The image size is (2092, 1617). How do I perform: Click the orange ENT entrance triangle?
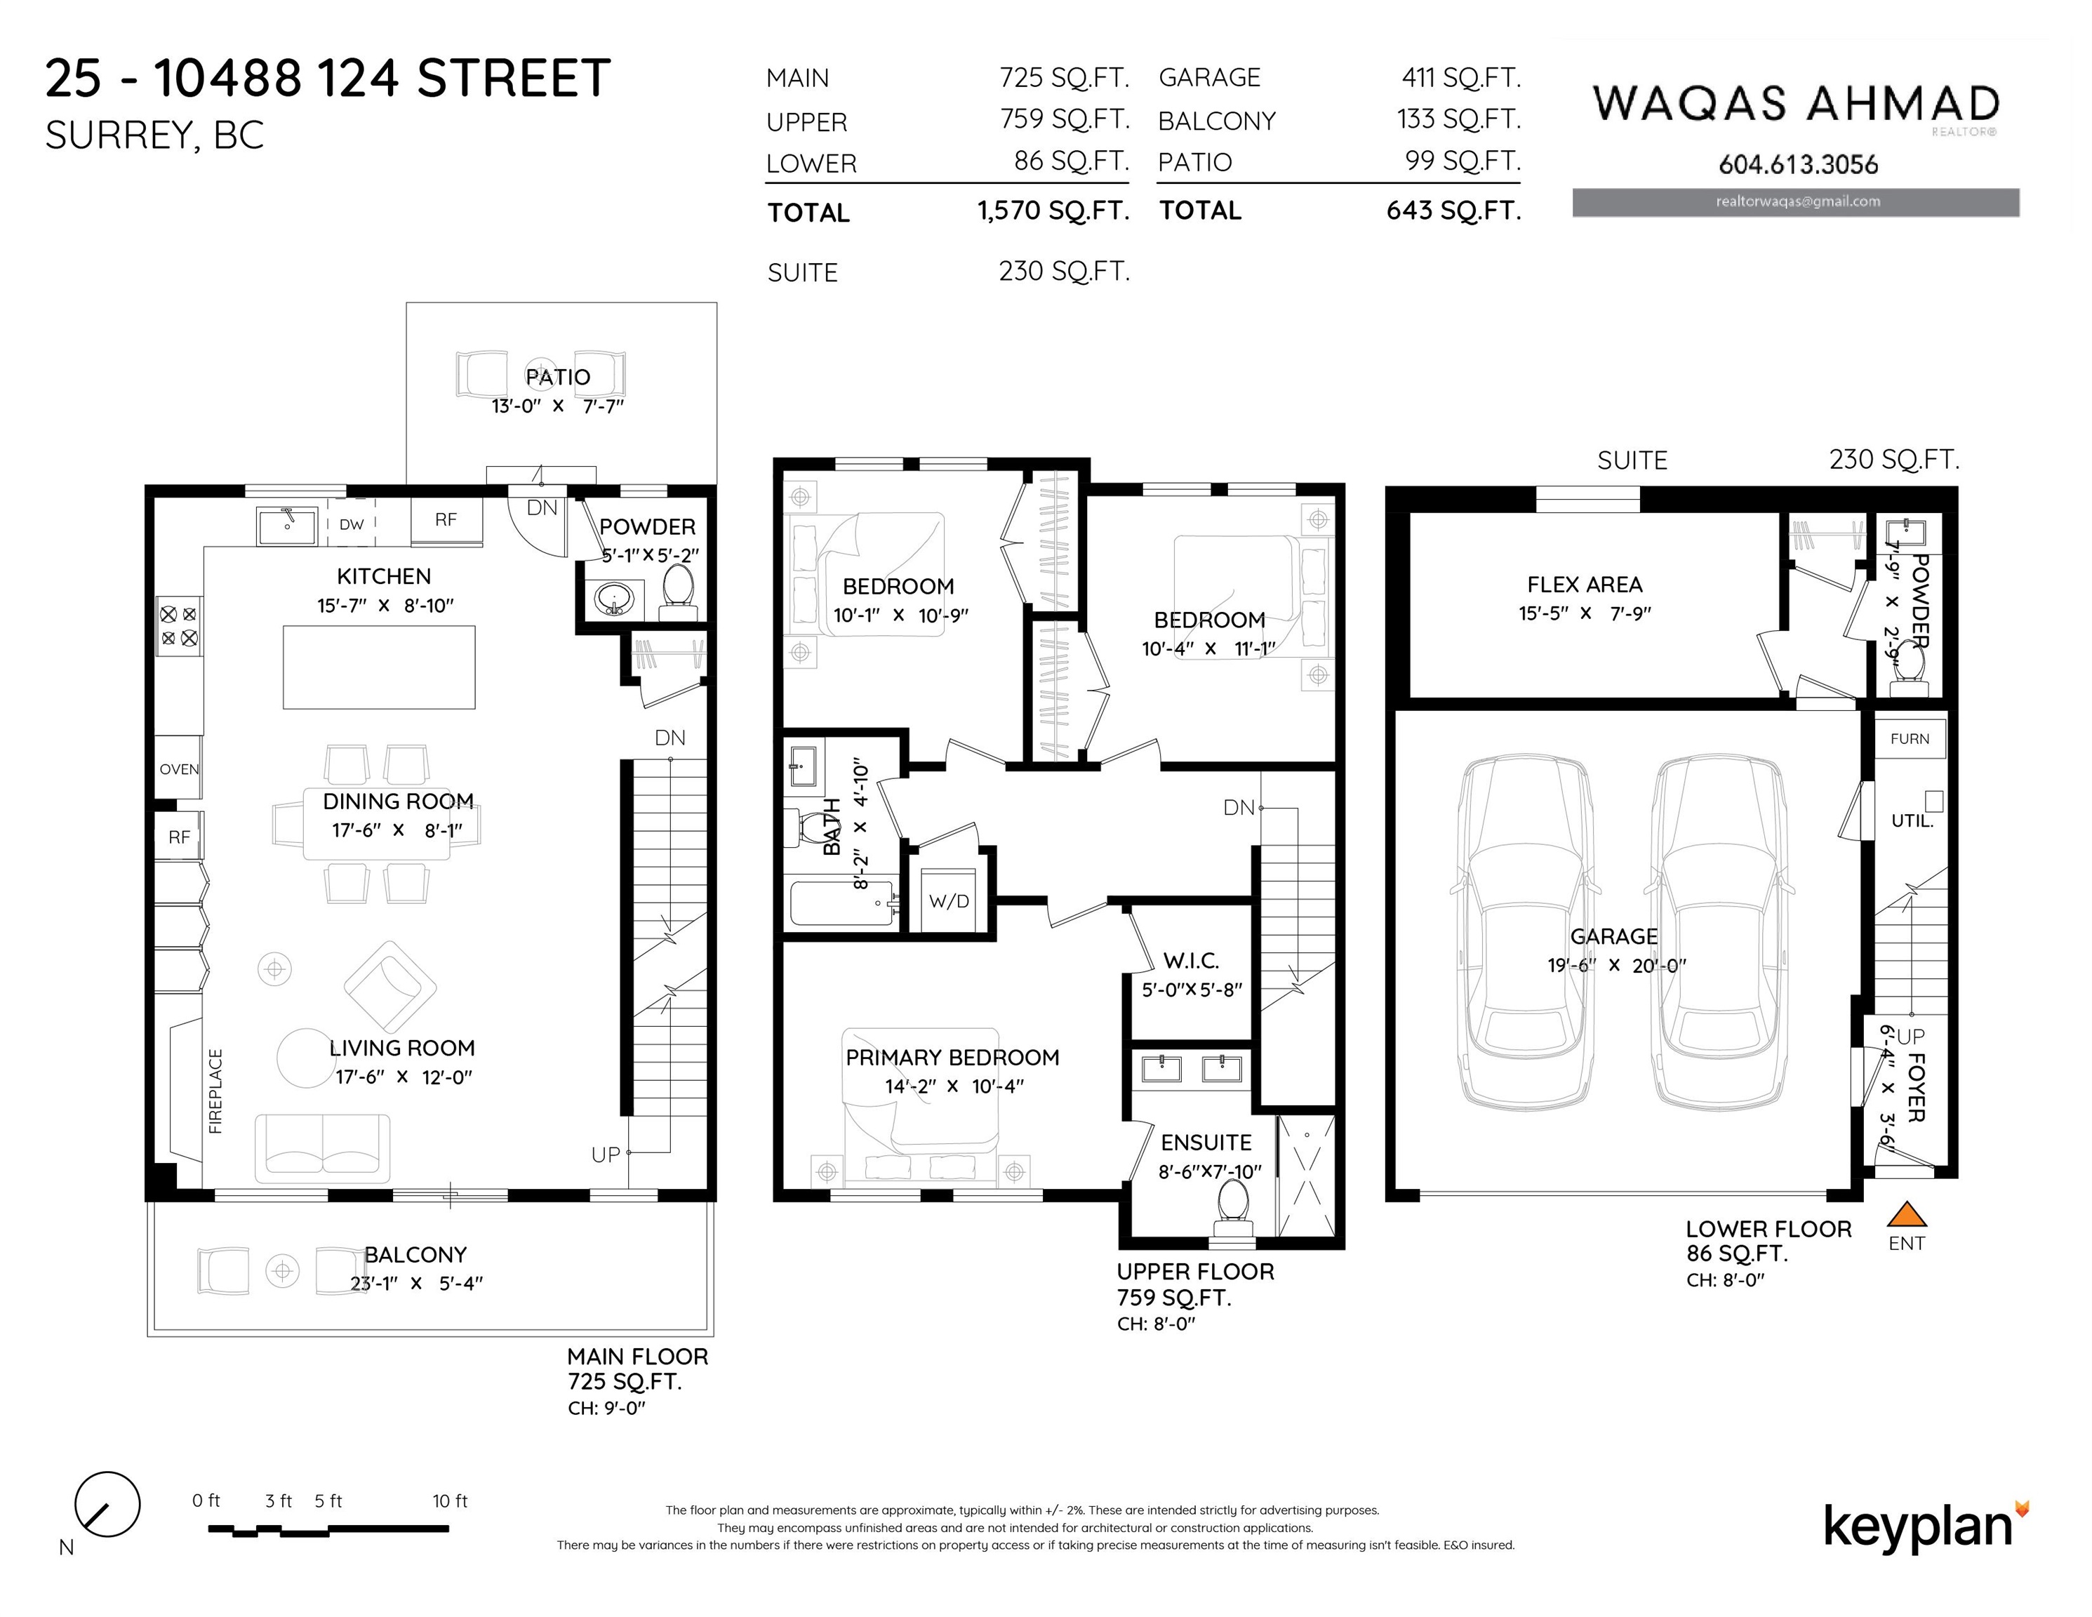(1906, 1215)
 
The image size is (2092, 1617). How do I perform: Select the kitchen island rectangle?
(380, 667)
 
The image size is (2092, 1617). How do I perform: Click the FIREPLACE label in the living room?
(215, 1091)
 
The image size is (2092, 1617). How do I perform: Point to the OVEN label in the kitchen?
(179, 769)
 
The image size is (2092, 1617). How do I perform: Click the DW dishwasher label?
(352, 525)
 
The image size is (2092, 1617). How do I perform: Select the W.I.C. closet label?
(1191, 961)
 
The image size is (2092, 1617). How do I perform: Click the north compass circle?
(107, 1505)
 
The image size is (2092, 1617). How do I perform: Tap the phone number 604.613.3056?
(1798, 165)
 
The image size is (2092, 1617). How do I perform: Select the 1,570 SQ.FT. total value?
(1053, 211)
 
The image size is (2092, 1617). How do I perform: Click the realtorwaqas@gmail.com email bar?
(1796, 202)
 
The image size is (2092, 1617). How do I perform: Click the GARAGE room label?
(1614, 936)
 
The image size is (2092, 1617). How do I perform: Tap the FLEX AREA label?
(1585, 585)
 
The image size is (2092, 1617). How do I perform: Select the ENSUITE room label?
(1206, 1142)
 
